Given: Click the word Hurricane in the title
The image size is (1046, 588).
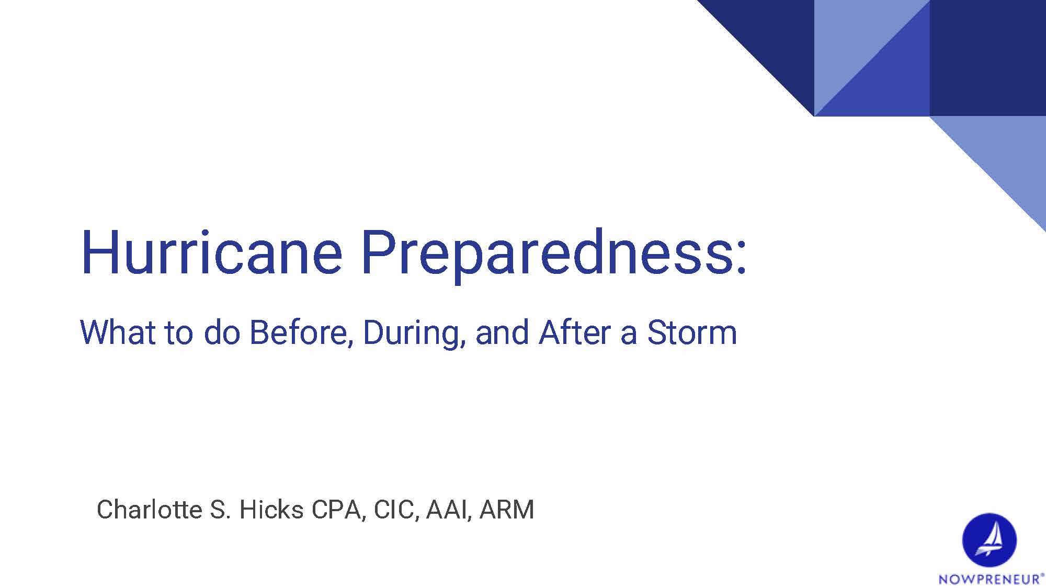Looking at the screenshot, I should point(211,253).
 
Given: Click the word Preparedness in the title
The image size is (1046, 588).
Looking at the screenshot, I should point(547,253).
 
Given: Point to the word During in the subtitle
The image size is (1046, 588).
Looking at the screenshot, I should point(414,332).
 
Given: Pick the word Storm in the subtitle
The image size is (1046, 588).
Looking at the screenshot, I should point(692,332).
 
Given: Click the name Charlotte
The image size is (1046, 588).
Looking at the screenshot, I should point(149,510).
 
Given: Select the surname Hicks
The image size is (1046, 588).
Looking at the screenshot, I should point(271,510).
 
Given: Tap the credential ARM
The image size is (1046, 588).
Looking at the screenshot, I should point(506,510).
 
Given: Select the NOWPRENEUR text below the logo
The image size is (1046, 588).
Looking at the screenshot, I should point(989,579).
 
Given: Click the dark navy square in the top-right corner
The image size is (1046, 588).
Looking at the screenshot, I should point(987,57).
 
